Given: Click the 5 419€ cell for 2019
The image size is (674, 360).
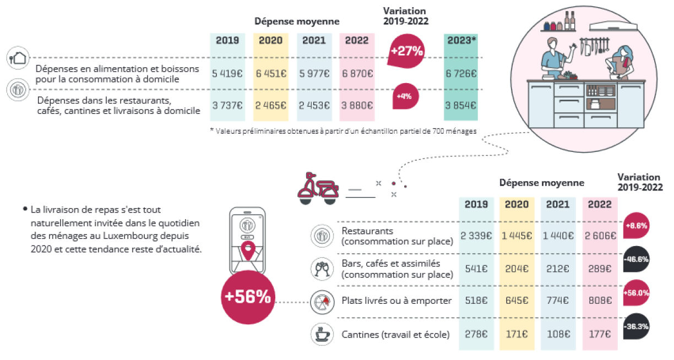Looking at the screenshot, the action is point(227,73).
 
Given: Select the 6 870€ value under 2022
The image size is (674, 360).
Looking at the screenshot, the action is point(357,73).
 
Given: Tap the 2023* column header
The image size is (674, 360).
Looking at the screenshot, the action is point(461,40).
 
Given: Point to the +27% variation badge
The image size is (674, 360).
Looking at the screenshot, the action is point(406,51).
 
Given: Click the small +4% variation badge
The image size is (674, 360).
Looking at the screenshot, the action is point(405,96).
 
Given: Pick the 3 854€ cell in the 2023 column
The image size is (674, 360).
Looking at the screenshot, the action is point(461,105).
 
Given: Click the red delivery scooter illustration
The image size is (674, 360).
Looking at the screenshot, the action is point(318,188).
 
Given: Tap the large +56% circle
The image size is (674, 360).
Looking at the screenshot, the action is point(248,297).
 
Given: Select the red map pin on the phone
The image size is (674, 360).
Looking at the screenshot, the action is point(248,251).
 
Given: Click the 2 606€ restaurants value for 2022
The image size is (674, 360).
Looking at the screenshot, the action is point(600,236).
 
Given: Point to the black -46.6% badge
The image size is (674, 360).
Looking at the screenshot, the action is point(636,259).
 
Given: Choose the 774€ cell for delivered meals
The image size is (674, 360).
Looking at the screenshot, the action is point(558,301).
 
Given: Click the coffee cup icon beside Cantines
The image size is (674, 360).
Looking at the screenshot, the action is point(322,334).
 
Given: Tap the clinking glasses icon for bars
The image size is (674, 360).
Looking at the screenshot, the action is point(322,268).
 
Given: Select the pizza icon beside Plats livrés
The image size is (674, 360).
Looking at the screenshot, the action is point(322,302).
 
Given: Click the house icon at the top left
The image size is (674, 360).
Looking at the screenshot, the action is point(18,57).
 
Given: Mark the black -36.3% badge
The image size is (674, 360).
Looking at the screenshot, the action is point(636,326).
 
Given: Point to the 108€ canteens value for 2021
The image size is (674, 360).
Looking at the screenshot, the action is point(558,334).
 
